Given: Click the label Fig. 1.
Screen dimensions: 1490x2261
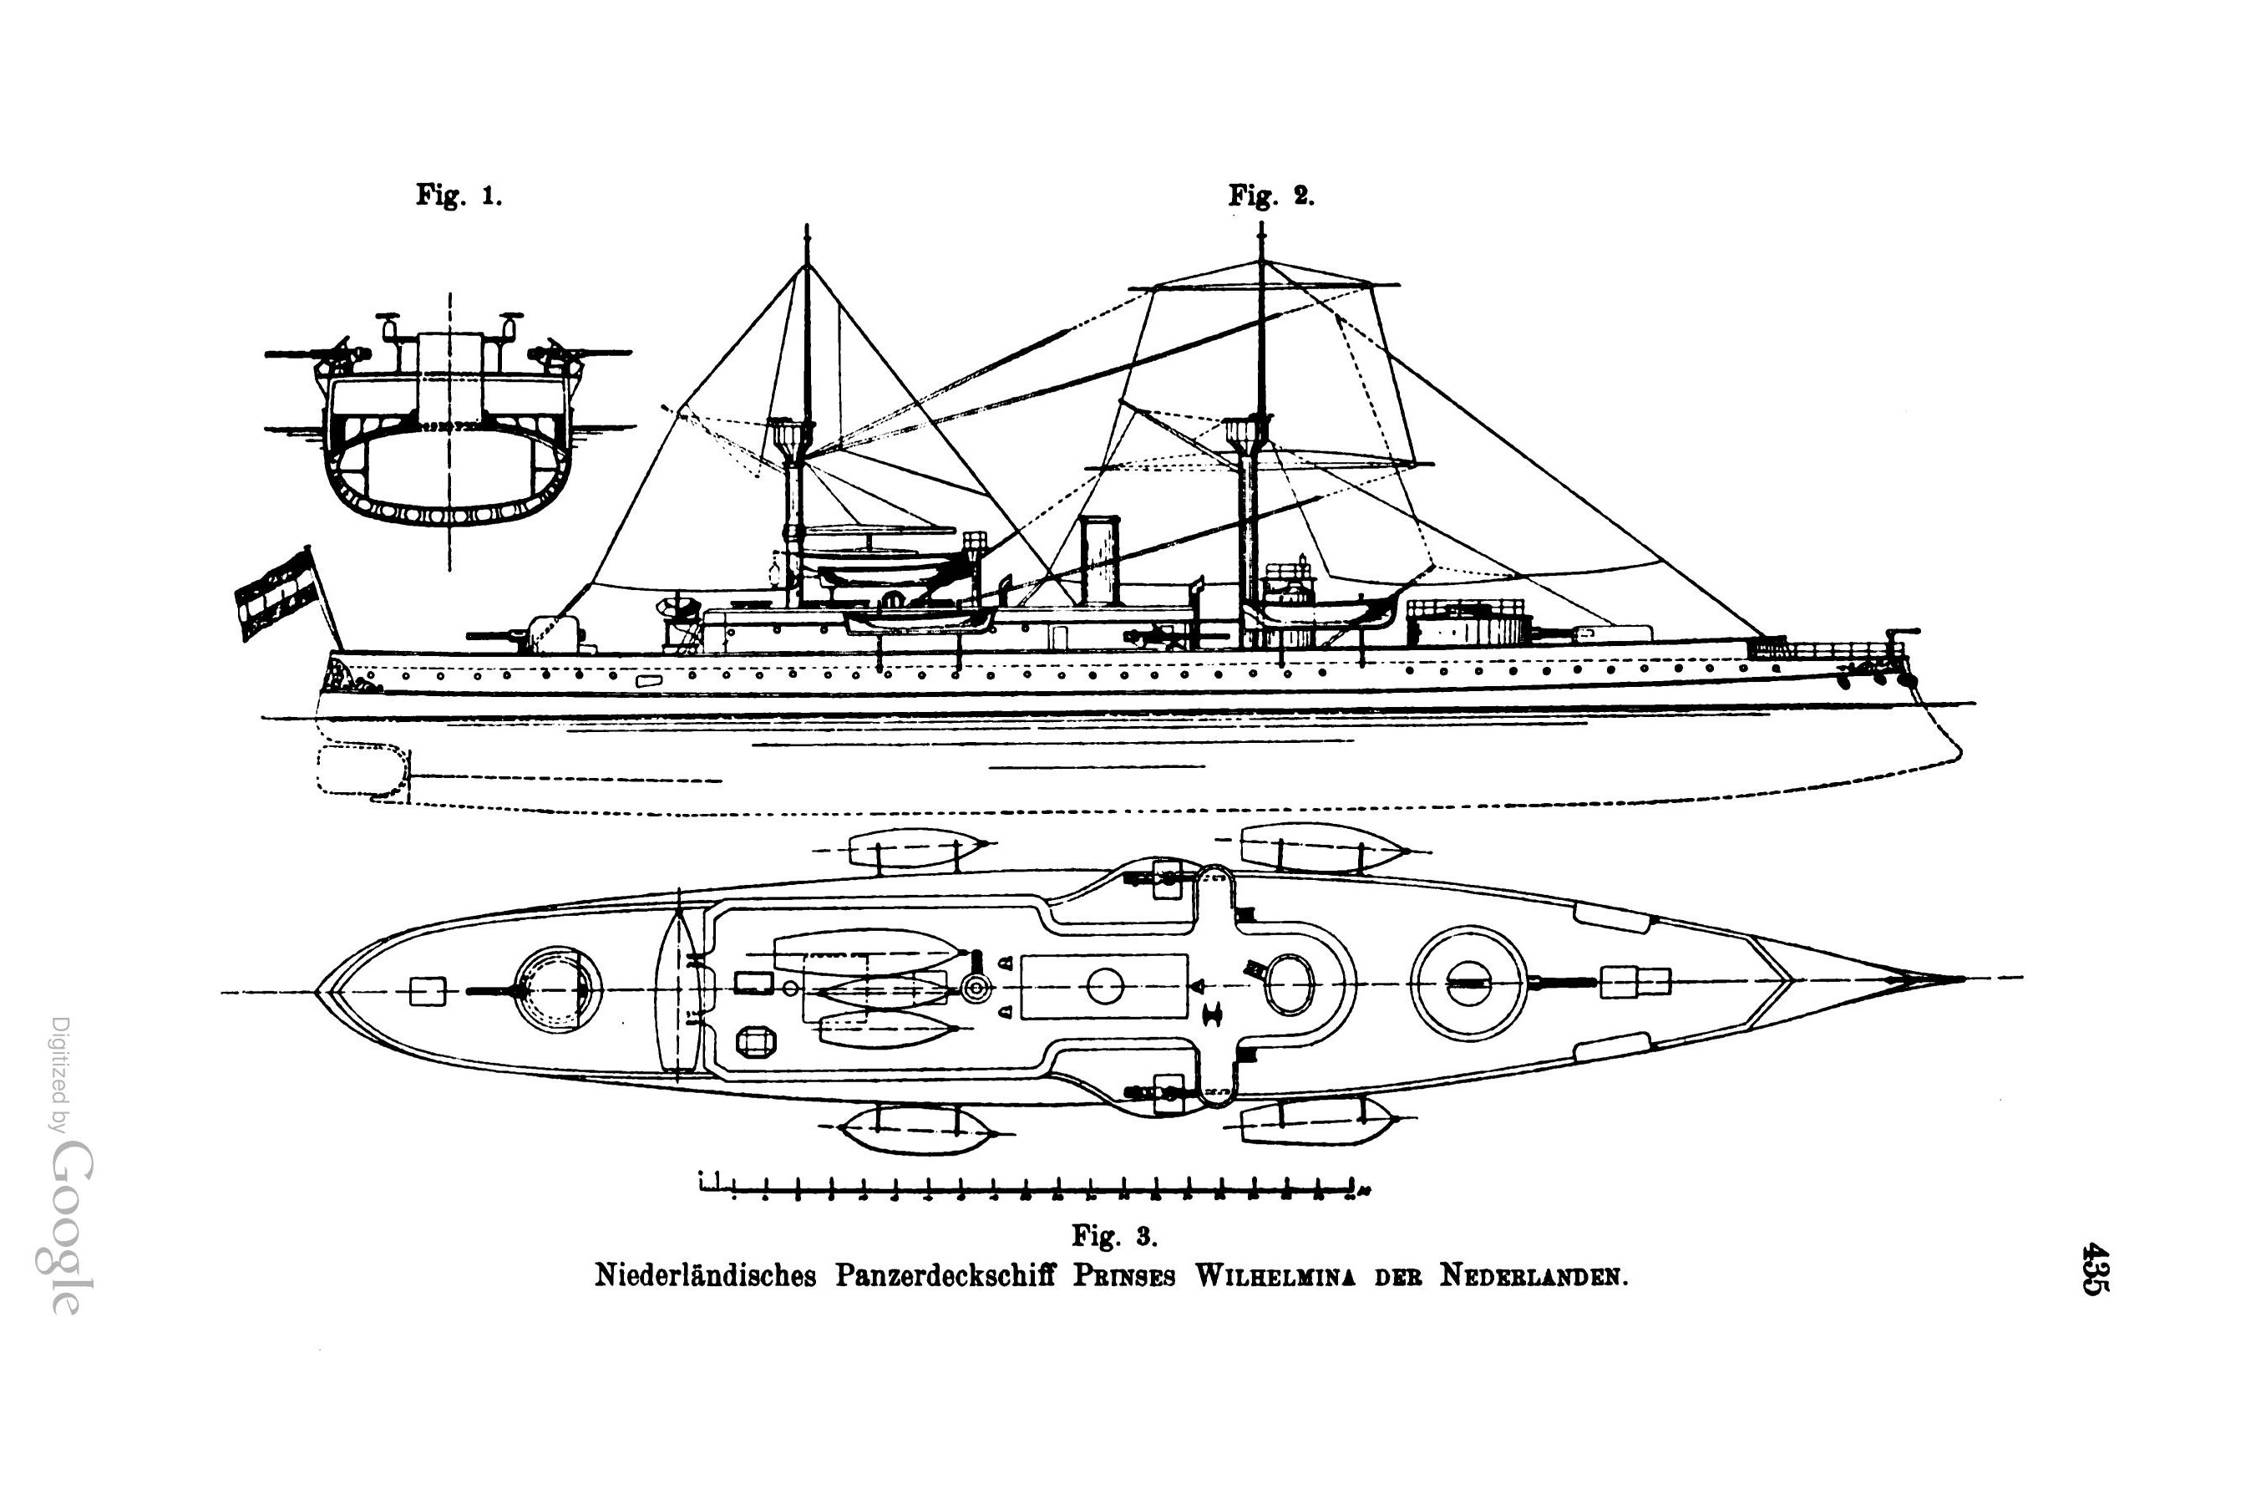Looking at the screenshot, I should click(x=459, y=196).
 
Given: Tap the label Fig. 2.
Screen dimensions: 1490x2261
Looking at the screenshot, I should click(x=1271, y=196).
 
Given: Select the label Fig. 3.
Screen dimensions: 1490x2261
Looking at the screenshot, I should click(x=1114, y=1235).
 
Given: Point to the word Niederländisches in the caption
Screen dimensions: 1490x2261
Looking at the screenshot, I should click(x=705, y=1275).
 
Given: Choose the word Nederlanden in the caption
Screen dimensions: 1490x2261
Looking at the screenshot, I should click(x=1534, y=1275).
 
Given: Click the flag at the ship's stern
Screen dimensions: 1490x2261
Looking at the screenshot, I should click(x=276, y=594).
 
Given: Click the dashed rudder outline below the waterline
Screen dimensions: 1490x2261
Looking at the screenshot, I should click(x=362, y=770).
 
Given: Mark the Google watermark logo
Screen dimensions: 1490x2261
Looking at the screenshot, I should click(x=71, y=1226).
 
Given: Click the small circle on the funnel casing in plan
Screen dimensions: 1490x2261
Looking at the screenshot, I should click(x=1105, y=985).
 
